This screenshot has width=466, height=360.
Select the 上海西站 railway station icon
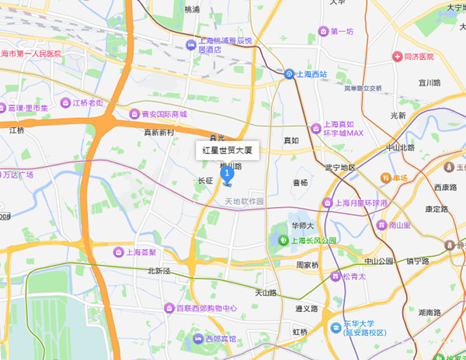pyautogui.click(x=289, y=74)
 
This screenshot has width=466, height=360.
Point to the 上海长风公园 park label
pyautogui.click(x=314, y=241)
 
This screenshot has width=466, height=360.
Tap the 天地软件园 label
pyautogui.click(x=244, y=202)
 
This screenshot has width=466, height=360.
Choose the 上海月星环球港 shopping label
pyautogui.click(x=360, y=203)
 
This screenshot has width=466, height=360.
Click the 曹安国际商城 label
pyautogui.click(x=164, y=113)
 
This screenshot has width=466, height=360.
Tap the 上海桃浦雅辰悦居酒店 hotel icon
pyautogui.click(x=190, y=46)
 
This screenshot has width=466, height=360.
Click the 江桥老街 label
pyautogui.click(x=91, y=102)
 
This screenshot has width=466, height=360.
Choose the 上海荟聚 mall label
pyautogui.click(x=141, y=252)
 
